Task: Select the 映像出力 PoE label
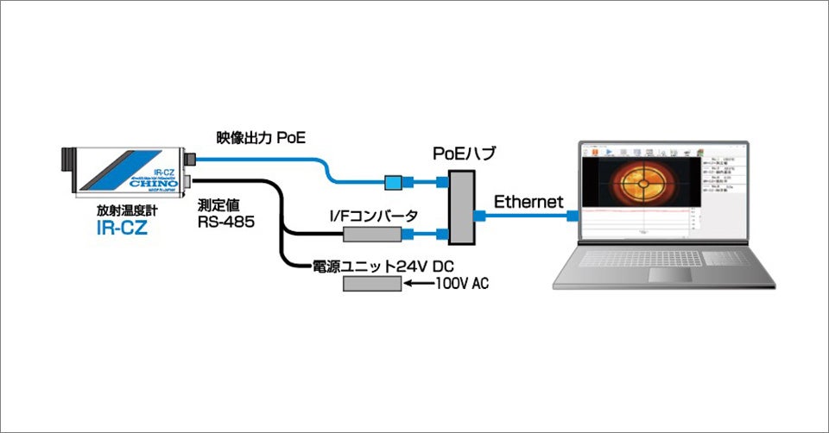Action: pyautogui.click(x=261, y=137)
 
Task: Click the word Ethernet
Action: pyautogui.click(x=528, y=202)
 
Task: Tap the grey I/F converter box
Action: pyautogui.click(x=372, y=233)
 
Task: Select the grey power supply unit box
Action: pyautogui.click(x=372, y=284)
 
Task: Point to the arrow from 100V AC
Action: pyautogui.click(x=420, y=284)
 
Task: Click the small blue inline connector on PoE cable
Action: pyautogui.click(x=393, y=181)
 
